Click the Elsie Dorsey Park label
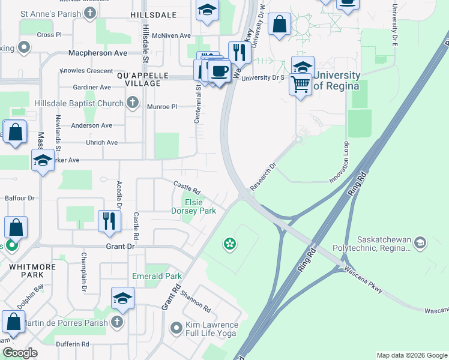[x=193, y=206]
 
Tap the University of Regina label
[x=336, y=80]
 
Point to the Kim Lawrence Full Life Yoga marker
[x=176, y=328]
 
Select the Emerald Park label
[x=157, y=277]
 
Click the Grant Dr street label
[x=119, y=247]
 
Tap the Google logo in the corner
[x=20, y=353]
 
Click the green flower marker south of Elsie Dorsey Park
[x=229, y=243]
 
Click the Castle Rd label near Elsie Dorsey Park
[x=187, y=187]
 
